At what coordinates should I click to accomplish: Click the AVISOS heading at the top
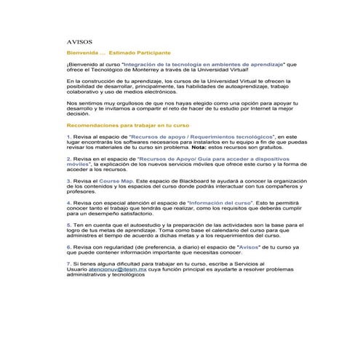coord(79,43)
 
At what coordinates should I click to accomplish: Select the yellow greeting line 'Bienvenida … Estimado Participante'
coord(119,53)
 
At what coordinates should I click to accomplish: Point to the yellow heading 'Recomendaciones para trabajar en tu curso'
coord(127,125)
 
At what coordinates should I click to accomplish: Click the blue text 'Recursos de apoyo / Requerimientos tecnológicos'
coord(201,136)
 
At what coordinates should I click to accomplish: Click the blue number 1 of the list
coord(68,136)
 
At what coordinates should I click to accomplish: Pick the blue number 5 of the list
coord(68,226)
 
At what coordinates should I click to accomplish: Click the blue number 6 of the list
coord(68,247)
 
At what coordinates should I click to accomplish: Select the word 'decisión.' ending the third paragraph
coord(79,114)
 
